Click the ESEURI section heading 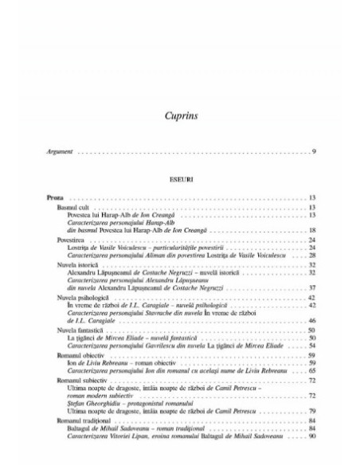tap(180, 180)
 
